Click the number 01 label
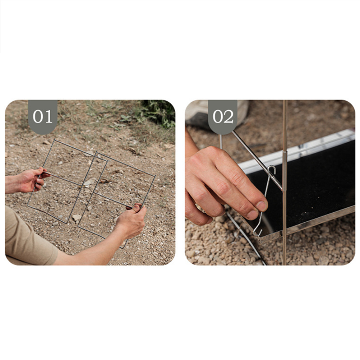42,116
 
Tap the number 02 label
223,116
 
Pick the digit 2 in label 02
229,116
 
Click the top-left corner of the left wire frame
55,139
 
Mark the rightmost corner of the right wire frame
155,176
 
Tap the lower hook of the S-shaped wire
257,232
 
